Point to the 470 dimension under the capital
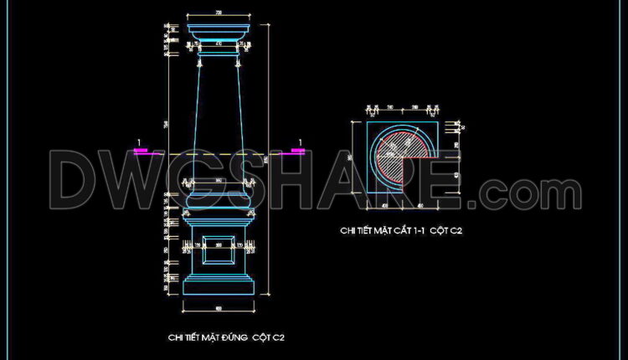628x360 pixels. pos(219,42)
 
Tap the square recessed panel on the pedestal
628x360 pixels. pos(219,247)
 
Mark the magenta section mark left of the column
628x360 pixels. pos(141,152)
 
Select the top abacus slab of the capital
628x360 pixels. pos(219,23)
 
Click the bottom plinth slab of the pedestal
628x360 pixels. pos(219,287)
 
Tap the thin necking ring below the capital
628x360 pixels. pos(219,54)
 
